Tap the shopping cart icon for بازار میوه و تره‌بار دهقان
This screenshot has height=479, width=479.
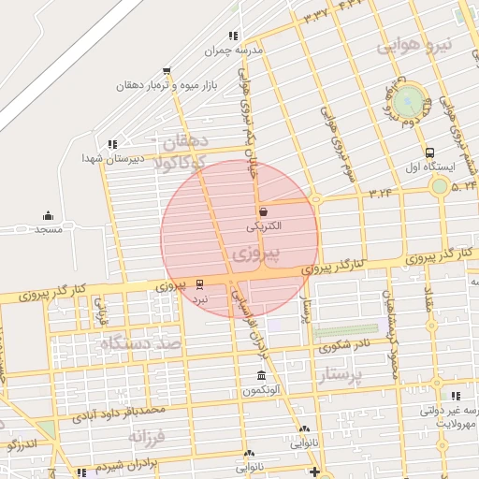tap(167, 70)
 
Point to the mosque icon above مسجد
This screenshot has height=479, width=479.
tap(48, 215)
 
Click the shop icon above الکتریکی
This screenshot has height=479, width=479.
tap(263, 211)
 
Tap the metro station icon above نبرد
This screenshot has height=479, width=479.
tap(198, 283)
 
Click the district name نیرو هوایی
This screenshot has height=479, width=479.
tap(414, 45)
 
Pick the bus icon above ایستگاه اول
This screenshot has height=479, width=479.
tap(429, 152)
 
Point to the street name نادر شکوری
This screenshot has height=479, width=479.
tap(342, 345)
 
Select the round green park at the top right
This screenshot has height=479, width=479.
tap(408, 100)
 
